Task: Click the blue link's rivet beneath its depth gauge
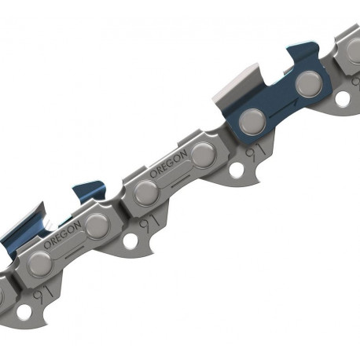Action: tap(309, 83)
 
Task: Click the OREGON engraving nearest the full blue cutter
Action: tap(168, 163)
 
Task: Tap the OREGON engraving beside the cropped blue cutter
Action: tap(62, 235)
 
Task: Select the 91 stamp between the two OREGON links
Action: tap(149, 224)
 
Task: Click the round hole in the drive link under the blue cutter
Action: tap(236, 169)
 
